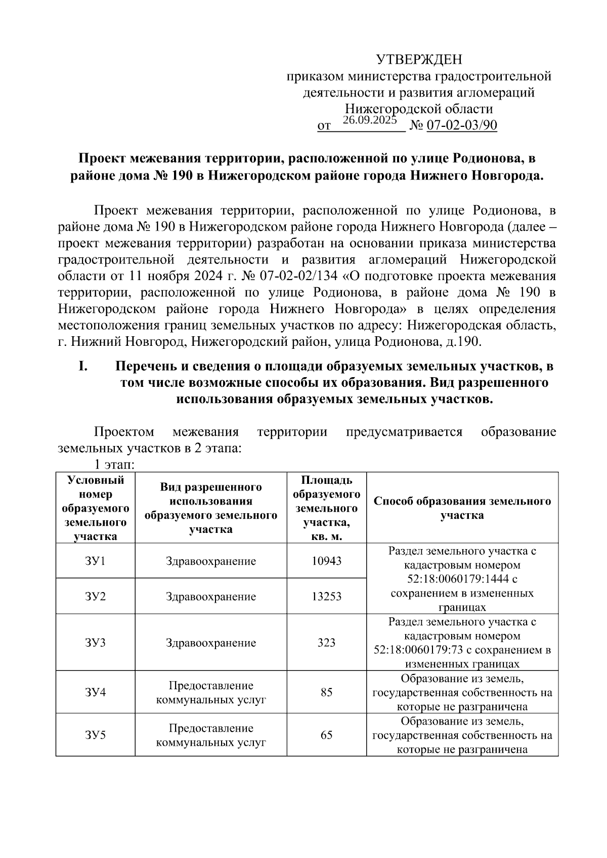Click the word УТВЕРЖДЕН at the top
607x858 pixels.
click(419, 60)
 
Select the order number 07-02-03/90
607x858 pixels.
click(462, 125)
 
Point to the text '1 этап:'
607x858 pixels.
click(113, 464)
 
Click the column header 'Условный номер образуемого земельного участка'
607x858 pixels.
click(95, 508)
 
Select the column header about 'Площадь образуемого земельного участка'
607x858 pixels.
click(326, 508)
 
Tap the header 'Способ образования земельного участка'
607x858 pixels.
click(462, 508)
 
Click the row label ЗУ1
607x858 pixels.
click(95, 561)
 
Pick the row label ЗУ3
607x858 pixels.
click(95, 643)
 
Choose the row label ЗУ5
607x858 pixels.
click(95, 735)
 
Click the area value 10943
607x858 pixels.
click(326, 561)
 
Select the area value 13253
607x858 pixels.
click(326, 597)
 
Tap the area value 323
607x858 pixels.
click(326, 643)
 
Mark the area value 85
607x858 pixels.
click(326, 692)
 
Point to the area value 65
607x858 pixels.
click(326, 735)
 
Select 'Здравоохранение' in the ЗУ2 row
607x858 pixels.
click(211, 597)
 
